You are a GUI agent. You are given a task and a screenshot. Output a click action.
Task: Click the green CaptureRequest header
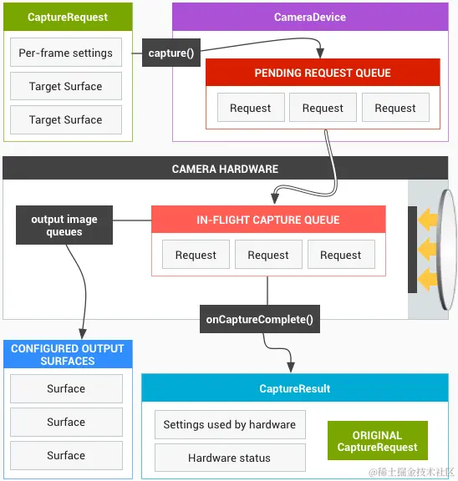[x=67, y=17]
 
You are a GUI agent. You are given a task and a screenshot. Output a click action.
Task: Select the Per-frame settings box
[x=66, y=53]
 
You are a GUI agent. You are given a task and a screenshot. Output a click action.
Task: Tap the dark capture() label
[x=170, y=53]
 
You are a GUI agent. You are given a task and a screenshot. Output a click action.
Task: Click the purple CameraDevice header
[x=309, y=17]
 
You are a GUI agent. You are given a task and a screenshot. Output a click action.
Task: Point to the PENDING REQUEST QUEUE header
[x=323, y=73]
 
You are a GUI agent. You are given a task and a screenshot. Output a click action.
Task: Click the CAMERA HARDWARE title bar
[x=225, y=169]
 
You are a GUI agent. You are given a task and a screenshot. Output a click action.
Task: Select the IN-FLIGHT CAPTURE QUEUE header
[x=268, y=220]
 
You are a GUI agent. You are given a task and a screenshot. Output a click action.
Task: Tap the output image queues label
[x=64, y=225]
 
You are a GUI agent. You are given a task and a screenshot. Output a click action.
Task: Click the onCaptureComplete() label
[x=260, y=318]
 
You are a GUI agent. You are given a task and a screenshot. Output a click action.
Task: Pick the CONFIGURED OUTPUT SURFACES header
[x=67, y=355]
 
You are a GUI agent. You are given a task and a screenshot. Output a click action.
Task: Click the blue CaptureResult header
[x=295, y=388]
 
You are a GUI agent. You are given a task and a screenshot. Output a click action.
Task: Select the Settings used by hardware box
[x=229, y=424]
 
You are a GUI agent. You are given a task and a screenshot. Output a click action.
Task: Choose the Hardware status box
[x=229, y=458]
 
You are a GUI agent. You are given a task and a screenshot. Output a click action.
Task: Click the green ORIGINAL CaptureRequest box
[x=377, y=441]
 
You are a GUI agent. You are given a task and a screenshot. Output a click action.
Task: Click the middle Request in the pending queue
[x=323, y=108]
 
